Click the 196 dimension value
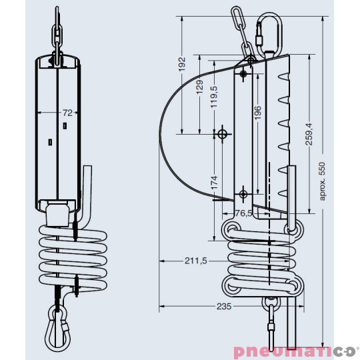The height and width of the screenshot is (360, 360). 257,113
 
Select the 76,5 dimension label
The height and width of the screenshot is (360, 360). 244,213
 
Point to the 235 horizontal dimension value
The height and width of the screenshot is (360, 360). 223,307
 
